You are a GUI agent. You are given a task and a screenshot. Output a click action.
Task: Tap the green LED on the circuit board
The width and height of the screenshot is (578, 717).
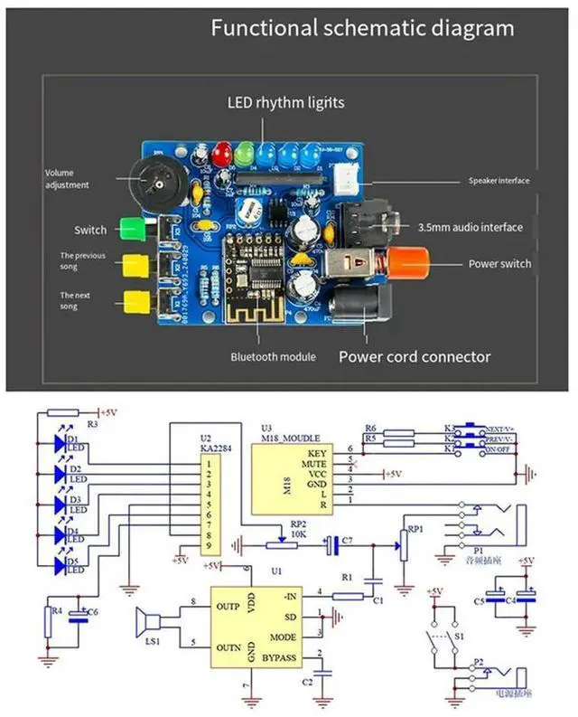point(243,153)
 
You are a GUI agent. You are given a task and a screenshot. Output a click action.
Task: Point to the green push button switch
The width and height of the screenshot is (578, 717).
point(133,229)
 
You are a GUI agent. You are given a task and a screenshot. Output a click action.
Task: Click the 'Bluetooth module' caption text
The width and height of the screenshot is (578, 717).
point(273,357)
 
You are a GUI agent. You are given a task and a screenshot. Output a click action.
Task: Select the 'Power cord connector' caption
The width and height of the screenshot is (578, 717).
point(415,356)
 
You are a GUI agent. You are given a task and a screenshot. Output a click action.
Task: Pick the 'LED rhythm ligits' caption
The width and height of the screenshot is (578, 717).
point(285,102)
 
